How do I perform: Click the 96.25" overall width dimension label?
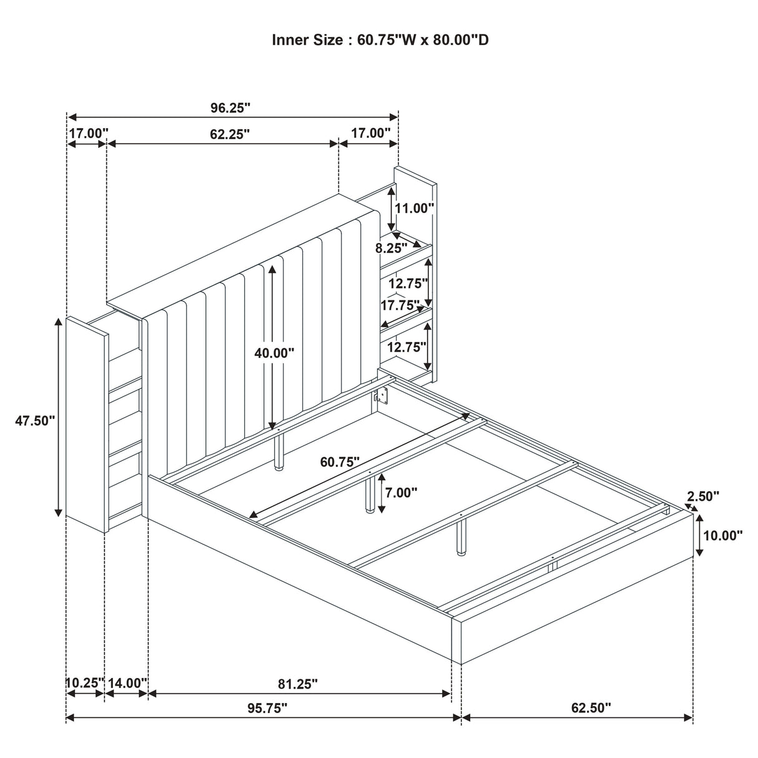pos(230,107)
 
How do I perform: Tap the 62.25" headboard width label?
pos(230,134)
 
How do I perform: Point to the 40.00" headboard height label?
pos(274,353)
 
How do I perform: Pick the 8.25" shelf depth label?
pos(391,247)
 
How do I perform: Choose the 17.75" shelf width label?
pos(400,305)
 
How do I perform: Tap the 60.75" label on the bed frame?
pos(340,462)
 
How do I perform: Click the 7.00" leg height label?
pos(401,493)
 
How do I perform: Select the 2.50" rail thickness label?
pos(703,496)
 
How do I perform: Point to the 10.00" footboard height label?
pos(722,534)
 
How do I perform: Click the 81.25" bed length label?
pos(298,684)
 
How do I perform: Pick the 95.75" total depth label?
pos(267,707)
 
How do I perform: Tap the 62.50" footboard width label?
pos(591,707)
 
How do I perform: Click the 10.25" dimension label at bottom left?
pos(84,683)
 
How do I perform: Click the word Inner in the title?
pos(292,40)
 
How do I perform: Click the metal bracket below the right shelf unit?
pos(380,396)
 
